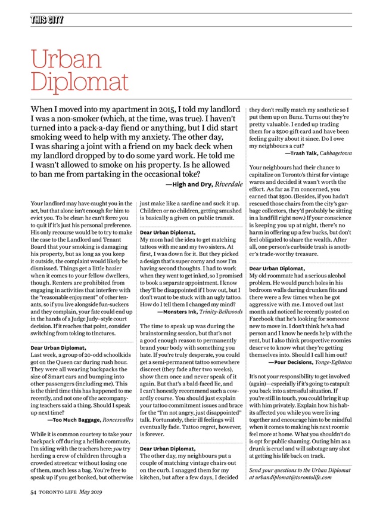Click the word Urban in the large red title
coord(59,59)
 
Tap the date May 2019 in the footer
coord(98,494)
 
